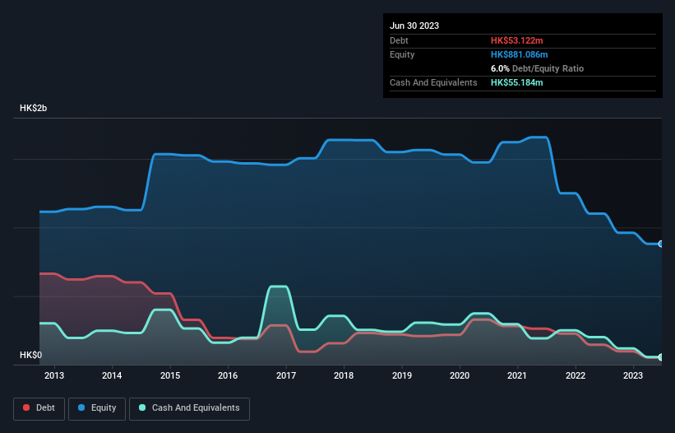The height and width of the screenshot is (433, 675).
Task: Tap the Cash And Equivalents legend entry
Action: coord(189,407)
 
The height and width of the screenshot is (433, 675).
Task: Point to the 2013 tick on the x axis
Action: coord(54,376)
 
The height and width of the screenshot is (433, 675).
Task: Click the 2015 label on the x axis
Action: coord(170,376)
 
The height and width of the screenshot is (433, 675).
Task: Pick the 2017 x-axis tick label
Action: coord(286,376)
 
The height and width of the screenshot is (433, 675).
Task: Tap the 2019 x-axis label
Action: coord(402,376)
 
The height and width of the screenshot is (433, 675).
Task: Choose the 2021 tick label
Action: coord(518,376)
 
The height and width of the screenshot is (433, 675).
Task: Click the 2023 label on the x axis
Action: coord(633,376)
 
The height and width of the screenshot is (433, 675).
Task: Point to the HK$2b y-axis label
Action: coord(34,109)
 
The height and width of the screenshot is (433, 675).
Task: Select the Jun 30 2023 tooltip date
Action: coord(414,26)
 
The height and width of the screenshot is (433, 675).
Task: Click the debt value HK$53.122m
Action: coord(519,40)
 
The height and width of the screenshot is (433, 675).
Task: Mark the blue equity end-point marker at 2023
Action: coord(661,244)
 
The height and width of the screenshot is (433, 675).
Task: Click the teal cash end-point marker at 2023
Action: coord(661,357)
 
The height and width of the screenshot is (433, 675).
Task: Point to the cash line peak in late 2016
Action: coord(279,286)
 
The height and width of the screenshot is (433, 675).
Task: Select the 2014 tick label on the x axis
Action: coord(112,376)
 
